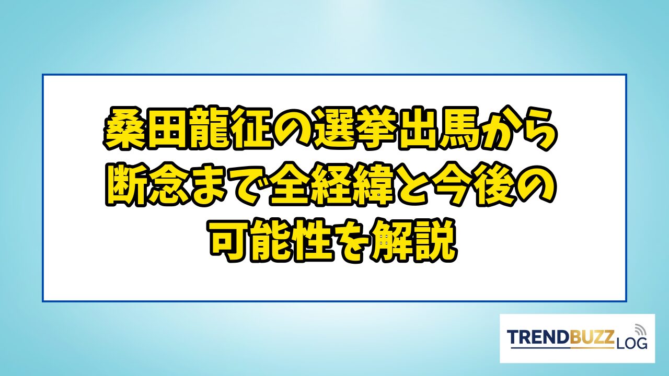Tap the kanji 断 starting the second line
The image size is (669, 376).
point(125,185)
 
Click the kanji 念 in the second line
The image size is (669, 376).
point(166,185)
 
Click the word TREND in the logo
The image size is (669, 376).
point(538,337)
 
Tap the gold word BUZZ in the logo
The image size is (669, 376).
point(593,337)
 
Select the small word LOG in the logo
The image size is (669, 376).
point(631,343)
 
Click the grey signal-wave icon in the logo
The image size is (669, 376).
point(640,330)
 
